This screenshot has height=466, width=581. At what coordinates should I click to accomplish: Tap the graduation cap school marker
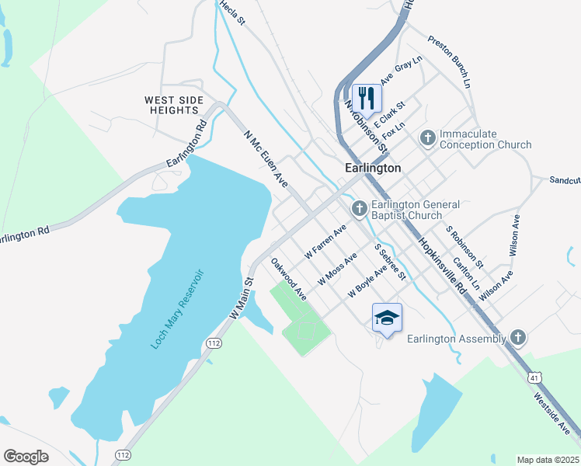click(387, 318)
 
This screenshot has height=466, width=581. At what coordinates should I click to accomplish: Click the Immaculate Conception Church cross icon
click(427, 138)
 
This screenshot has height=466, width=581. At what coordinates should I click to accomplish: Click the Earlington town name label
click(373, 168)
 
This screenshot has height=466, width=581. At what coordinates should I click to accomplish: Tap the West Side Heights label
click(174, 106)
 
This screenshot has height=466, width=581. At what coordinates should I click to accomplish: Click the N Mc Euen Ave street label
click(266, 158)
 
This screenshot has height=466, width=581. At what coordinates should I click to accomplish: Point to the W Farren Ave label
click(325, 242)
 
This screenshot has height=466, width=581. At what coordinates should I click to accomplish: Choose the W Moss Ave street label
click(337, 267)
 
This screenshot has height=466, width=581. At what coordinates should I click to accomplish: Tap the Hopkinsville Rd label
click(442, 264)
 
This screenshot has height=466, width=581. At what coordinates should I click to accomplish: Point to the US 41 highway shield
click(534, 376)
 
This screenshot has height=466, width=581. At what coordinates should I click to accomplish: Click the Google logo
click(26, 456)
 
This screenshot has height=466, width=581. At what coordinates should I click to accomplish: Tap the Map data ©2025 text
click(548, 460)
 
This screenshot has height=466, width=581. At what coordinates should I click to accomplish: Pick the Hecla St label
click(232, 13)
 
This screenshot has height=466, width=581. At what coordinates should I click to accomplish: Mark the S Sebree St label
click(390, 262)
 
